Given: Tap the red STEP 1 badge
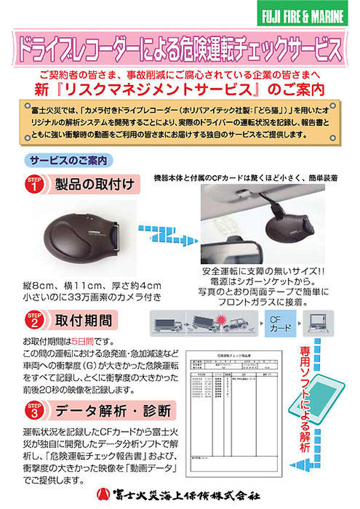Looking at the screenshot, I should point(34,184).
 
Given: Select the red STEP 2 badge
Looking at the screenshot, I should point(34,319).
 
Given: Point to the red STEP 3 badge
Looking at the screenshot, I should point(34,412).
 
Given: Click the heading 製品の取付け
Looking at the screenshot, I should point(93,184).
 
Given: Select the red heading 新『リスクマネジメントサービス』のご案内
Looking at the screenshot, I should point(180,90).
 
